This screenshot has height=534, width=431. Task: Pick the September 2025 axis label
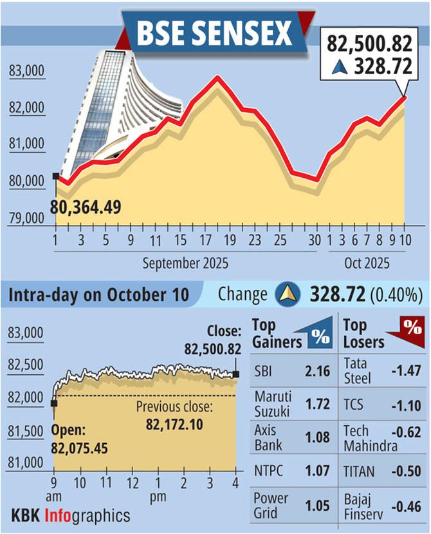186,263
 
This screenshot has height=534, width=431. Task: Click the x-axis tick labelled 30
315,240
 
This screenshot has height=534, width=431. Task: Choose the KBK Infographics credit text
71,515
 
